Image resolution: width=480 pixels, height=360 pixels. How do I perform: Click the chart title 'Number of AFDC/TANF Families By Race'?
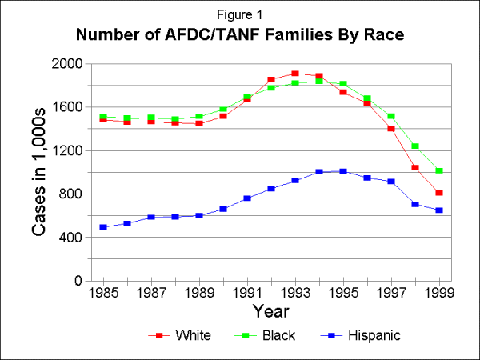[x=240, y=35]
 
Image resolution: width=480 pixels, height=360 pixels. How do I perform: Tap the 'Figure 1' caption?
[x=240, y=14]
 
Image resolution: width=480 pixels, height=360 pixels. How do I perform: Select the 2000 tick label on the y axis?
[x=67, y=64]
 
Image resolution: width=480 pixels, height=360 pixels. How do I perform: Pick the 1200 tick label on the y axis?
[x=67, y=150]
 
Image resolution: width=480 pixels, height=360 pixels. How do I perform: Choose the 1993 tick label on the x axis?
[x=295, y=293]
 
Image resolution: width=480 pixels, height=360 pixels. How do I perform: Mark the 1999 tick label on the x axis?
[x=439, y=293]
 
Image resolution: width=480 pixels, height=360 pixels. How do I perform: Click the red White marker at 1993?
[x=295, y=74]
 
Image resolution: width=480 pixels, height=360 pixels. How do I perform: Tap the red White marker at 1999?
[x=439, y=193]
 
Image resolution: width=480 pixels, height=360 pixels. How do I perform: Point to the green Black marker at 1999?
[x=439, y=171]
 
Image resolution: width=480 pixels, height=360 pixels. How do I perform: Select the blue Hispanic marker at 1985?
[x=103, y=227]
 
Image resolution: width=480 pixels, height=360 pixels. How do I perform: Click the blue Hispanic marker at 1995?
[x=343, y=171]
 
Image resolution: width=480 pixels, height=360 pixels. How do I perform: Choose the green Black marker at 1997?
[x=391, y=117]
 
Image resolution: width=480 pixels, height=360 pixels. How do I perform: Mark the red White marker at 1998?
[x=415, y=168]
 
